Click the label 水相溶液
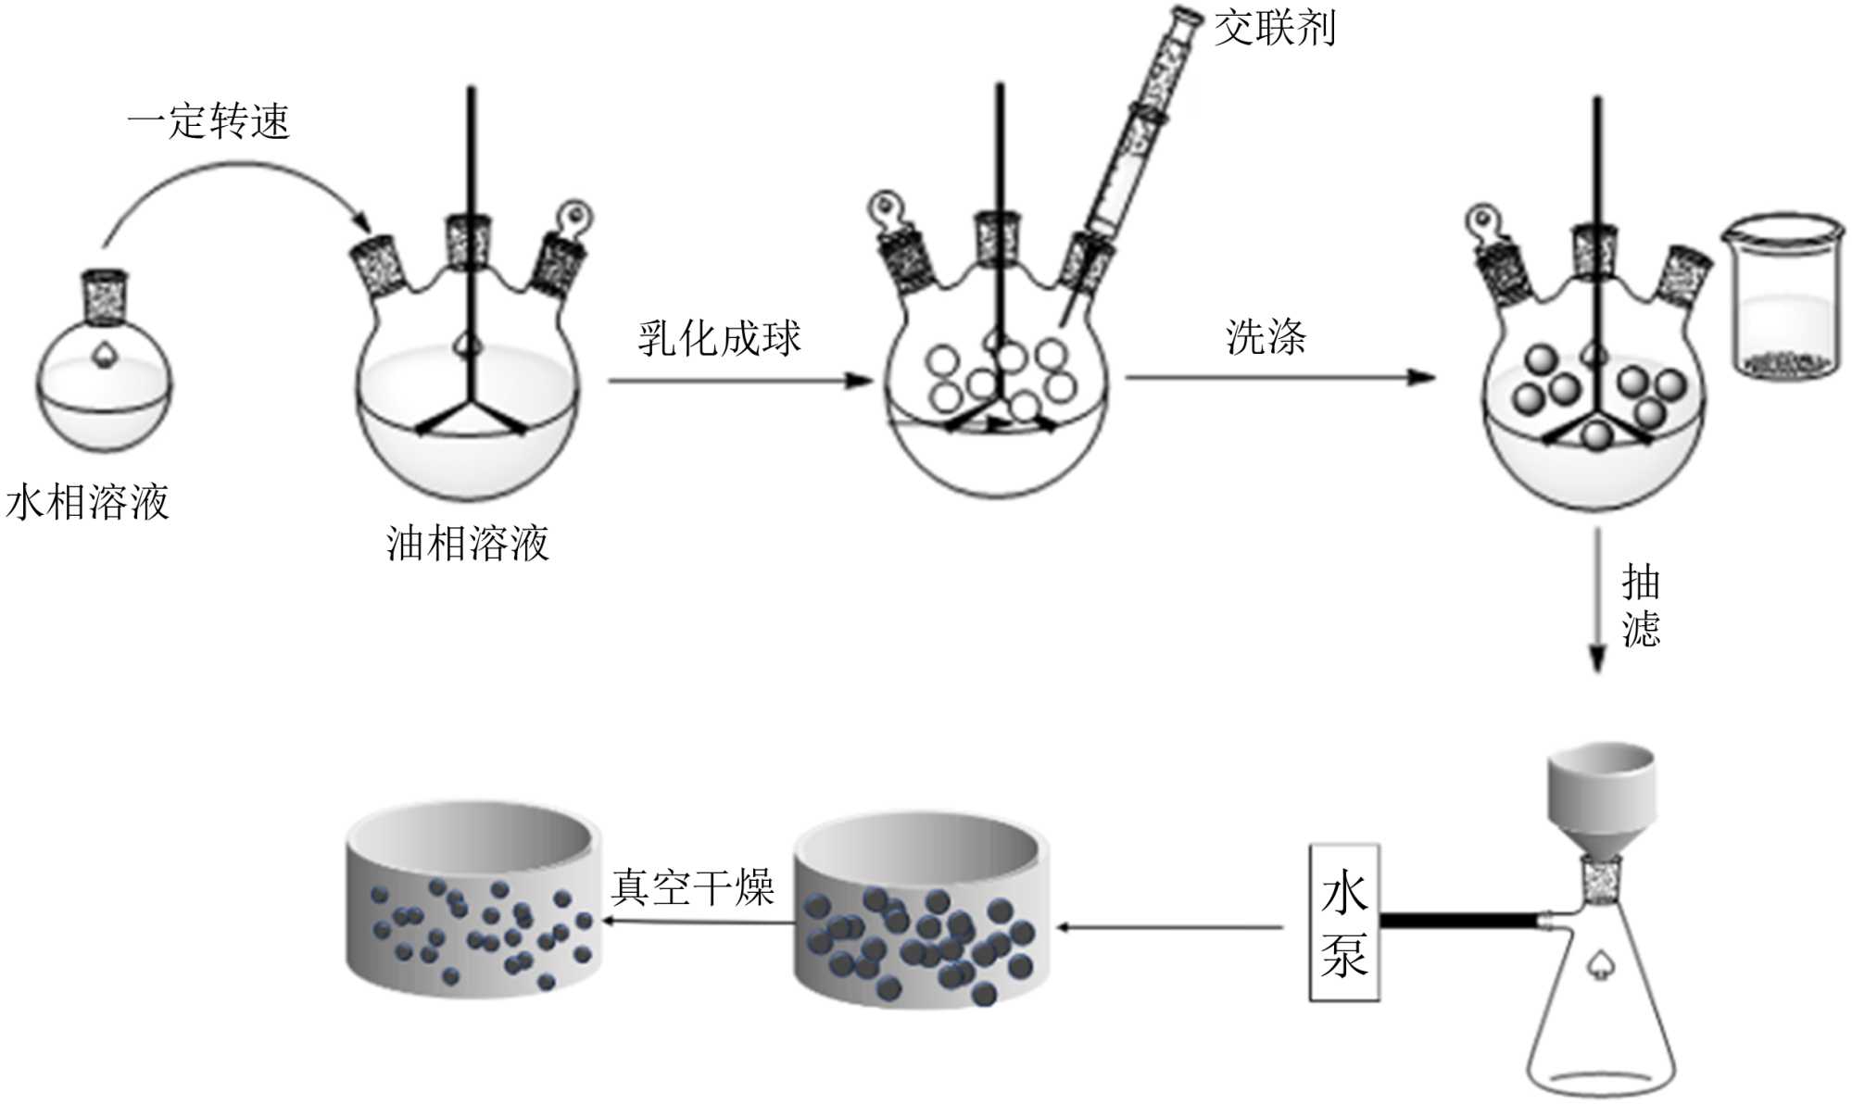[x=88, y=503]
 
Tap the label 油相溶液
[x=468, y=544]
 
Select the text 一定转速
[x=209, y=121]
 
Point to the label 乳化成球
[x=719, y=338]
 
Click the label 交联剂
[x=1275, y=29]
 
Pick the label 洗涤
[x=1266, y=337]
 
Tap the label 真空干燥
[x=693, y=887]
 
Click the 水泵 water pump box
[x=1343, y=923]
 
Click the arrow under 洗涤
[x=1279, y=377]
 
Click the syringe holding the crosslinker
[x=1140, y=130]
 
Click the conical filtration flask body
[x=1601, y=1019]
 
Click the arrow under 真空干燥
[x=699, y=922]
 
